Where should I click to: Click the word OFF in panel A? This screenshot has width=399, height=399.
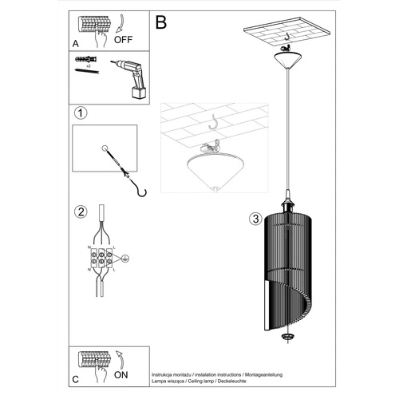pyautogui.click(x=124, y=36)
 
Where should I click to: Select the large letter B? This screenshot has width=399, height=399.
pyautogui.click(x=161, y=23)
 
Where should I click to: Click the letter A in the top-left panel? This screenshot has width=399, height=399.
pyautogui.click(x=75, y=45)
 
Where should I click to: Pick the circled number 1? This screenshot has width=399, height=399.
pyautogui.click(x=80, y=113)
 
